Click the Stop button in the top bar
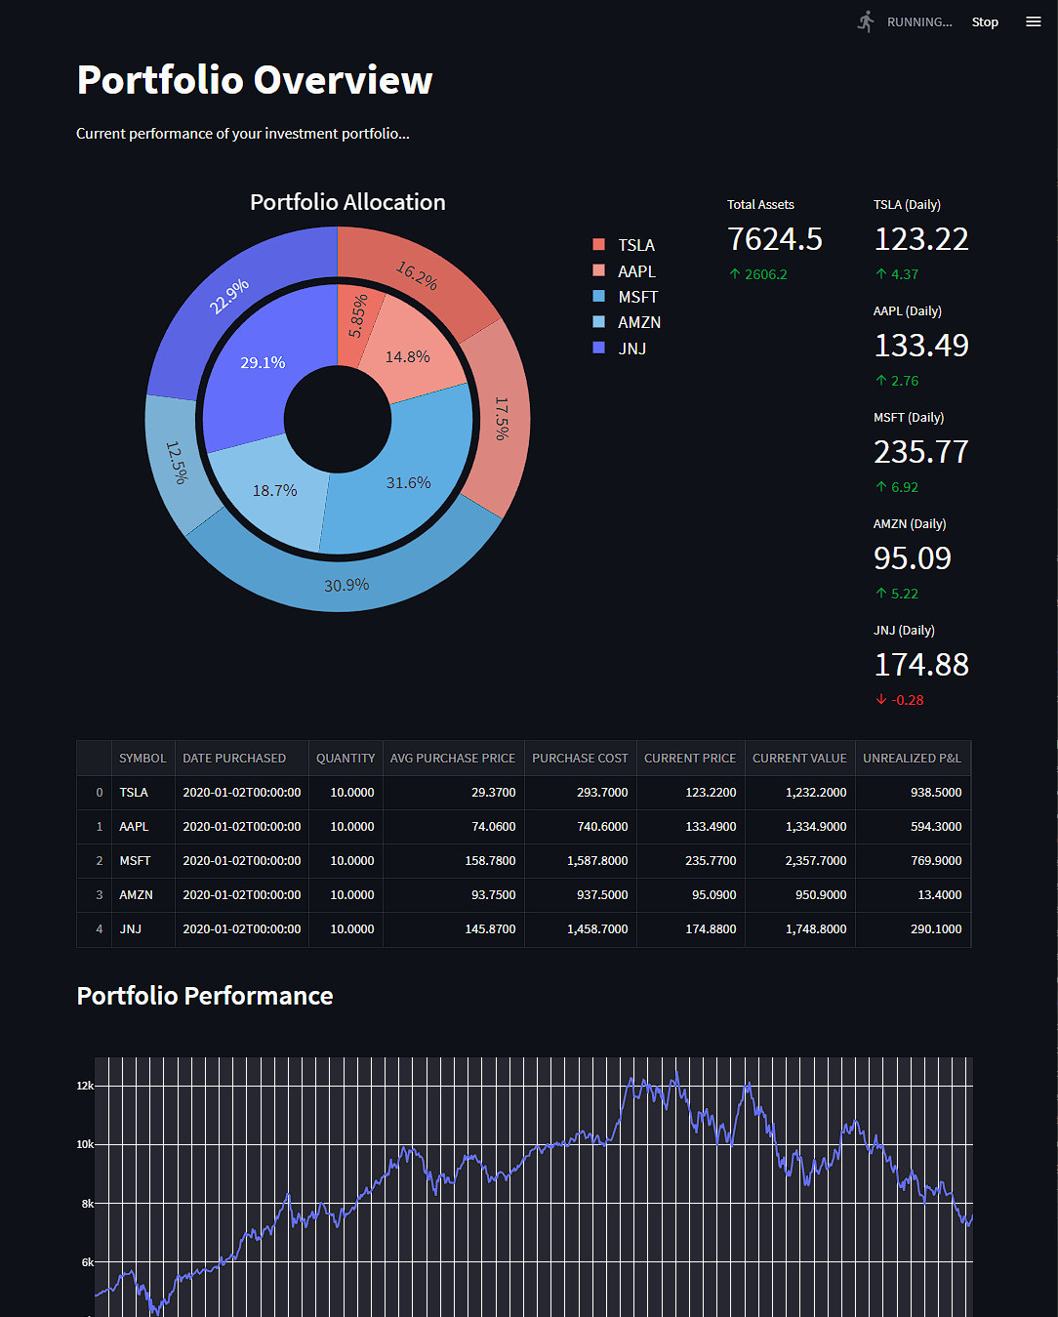point(984,21)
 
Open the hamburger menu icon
point(1033,21)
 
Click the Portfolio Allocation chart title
point(347,202)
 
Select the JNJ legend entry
point(631,349)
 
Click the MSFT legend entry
point(636,297)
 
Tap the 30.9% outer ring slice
point(346,585)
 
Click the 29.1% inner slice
point(263,362)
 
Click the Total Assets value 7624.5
point(775,239)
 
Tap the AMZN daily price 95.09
point(912,558)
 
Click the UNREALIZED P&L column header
point(912,758)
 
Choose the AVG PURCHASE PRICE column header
point(452,758)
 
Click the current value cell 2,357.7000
point(815,860)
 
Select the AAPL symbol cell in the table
point(134,826)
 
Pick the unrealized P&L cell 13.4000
point(939,894)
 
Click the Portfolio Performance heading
point(205,996)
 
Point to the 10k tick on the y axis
point(85,1144)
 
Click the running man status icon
point(866,21)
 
